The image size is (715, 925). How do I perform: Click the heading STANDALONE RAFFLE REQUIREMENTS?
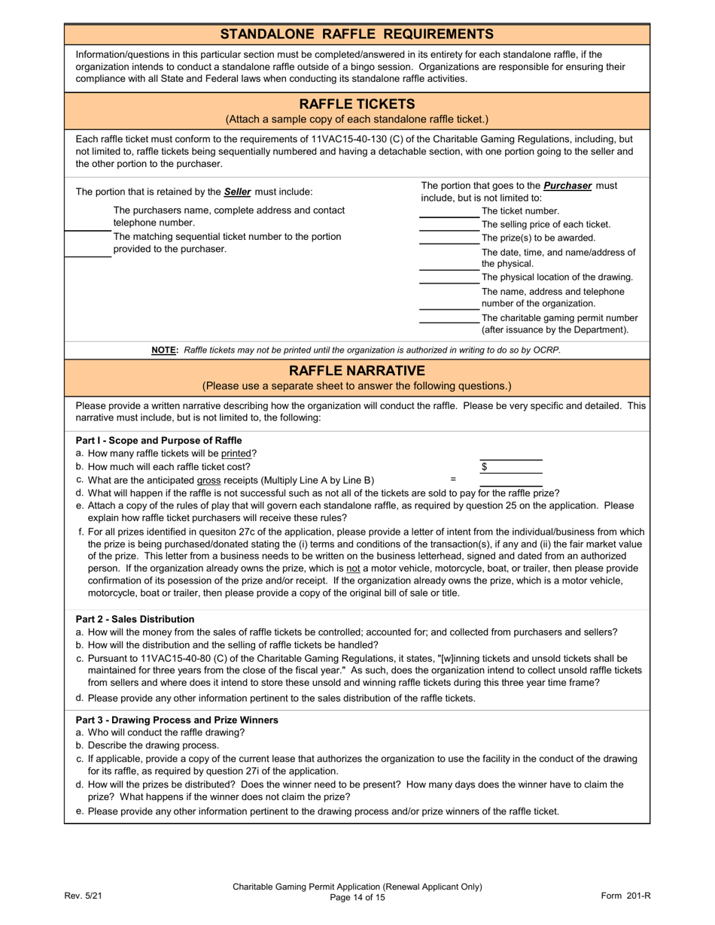357,34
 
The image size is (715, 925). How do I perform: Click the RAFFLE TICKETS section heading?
357,104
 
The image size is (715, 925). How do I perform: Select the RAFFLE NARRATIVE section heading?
357,371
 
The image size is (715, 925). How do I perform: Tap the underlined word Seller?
237,192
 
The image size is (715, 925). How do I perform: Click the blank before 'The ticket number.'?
449,211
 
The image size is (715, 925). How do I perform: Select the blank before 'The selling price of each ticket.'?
449,225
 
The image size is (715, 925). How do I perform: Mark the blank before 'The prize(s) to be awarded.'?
449,238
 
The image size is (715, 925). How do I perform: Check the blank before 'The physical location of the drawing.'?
449,277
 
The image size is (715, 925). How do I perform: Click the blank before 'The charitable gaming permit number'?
449,317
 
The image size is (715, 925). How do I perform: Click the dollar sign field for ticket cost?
512,467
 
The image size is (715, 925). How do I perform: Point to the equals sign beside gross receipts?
453,479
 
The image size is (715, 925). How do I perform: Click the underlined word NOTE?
165,350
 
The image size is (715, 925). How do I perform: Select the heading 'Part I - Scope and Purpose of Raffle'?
159,440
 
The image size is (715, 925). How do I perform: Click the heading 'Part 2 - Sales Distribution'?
135,619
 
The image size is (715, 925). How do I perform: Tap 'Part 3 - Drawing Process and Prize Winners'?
177,720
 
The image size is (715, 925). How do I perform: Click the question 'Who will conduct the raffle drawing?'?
166,732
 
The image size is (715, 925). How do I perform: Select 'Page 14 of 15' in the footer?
357,898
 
